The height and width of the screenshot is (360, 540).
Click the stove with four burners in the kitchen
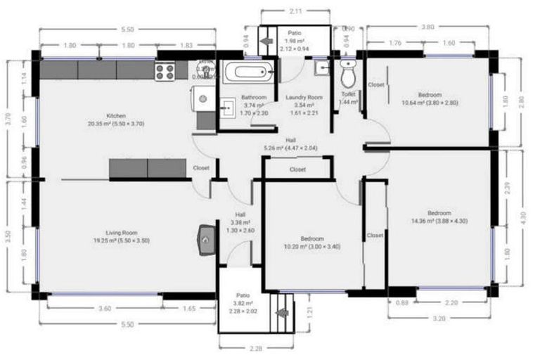[x=165, y=70]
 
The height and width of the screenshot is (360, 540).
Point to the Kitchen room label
[x=115, y=115]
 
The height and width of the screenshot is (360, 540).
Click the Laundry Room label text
[x=304, y=98]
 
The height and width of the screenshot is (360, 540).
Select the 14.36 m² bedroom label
[x=439, y=212]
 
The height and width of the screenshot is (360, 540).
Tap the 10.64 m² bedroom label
[x=430, y=95]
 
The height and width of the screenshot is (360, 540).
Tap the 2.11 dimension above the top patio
[x=296, y=11]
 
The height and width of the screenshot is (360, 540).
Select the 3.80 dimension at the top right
[x=427, y=27]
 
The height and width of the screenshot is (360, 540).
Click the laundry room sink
[x=321, y=67]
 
